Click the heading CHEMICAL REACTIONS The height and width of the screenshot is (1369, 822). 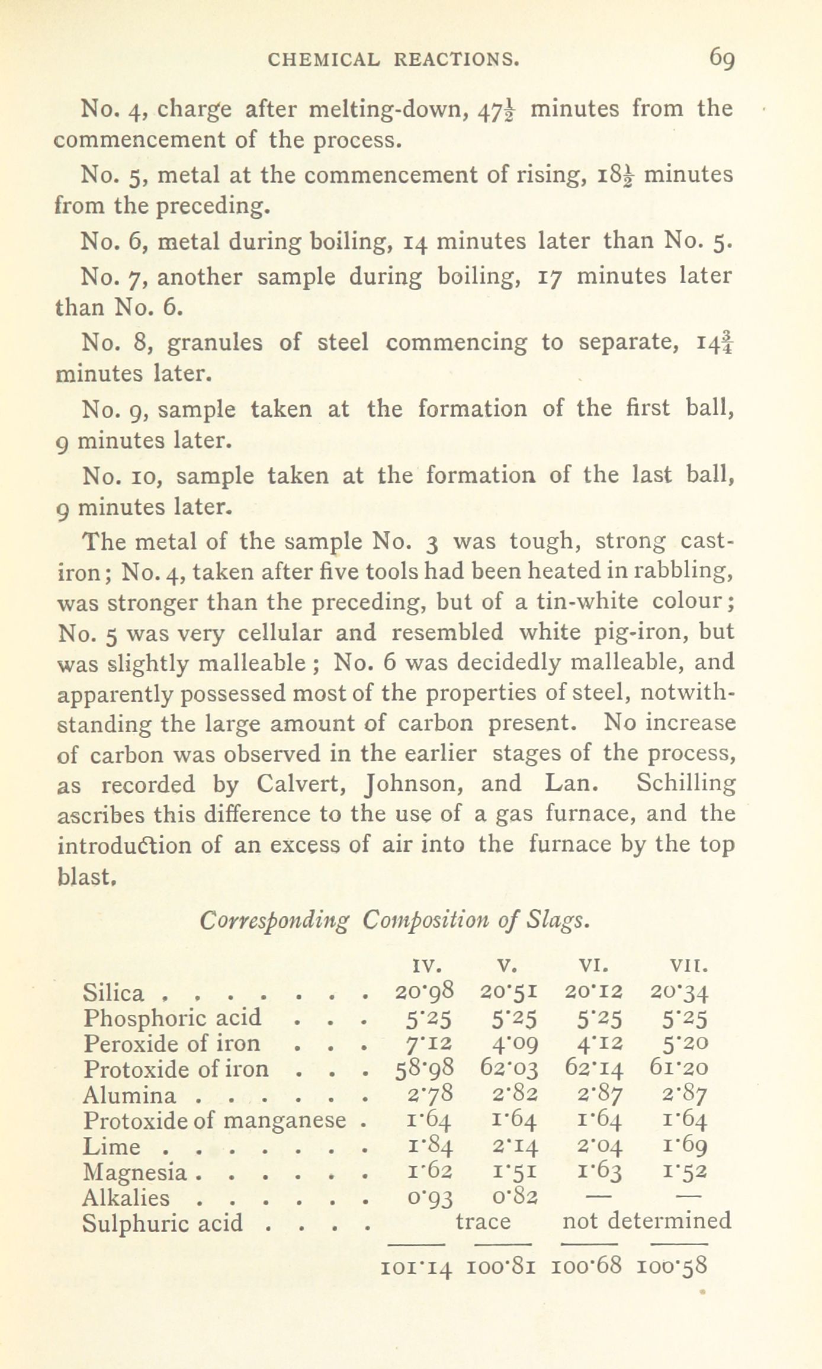[x=393, y=59]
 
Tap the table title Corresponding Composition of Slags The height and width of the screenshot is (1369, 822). [x=394, y=921]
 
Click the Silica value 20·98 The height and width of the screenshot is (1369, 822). [x=424, y=991]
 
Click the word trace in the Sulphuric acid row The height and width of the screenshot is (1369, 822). [x=483, y=1221]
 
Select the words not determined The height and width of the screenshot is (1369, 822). [x=646, y=1221]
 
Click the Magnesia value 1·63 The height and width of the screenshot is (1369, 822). [x=595, y=1171]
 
